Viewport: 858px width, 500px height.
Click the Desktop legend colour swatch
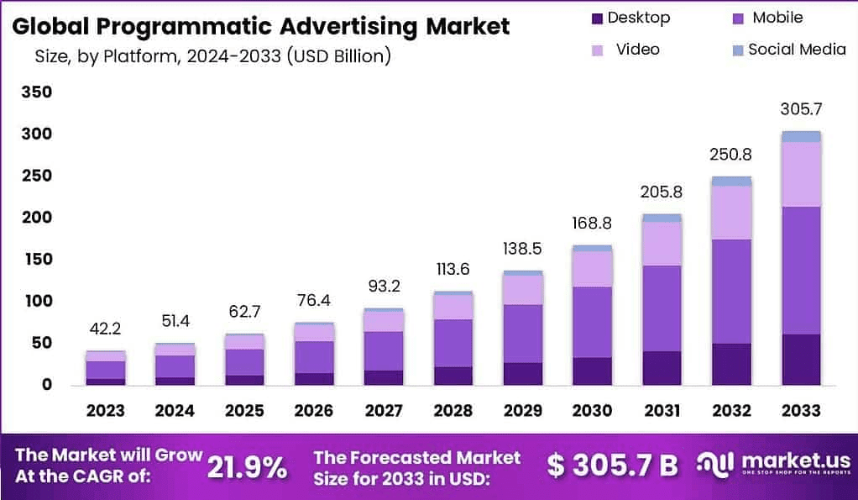(x=597, y=18)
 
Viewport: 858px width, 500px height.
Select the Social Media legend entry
(x=797, y=49)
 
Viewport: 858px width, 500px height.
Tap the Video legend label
(x=638, y=49)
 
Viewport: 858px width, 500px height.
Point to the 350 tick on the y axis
(x=37, y=92)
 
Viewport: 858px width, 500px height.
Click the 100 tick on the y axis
(x=37, y=301)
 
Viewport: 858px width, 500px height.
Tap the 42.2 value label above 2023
(x=105, y=329)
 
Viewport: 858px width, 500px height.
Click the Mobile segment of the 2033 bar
(x=801, y=270)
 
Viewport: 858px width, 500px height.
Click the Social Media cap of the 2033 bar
(x=801, y=136)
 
